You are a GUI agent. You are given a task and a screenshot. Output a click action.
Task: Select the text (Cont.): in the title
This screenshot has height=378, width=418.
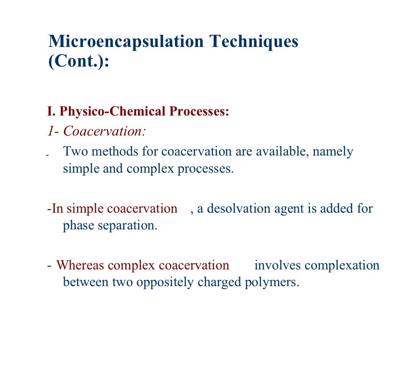[x=79, y=62]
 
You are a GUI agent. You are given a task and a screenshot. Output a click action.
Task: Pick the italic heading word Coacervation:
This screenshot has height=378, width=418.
[x=105, y=131]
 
